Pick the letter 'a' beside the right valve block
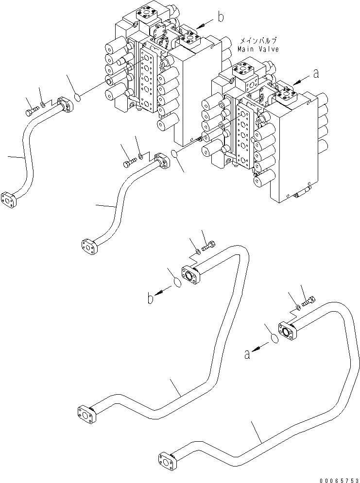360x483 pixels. pos(316,74)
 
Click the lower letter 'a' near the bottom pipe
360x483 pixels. pos(247,355)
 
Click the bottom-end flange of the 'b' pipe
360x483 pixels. pos(86,413)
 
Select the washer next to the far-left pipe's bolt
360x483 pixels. pos(44,105)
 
